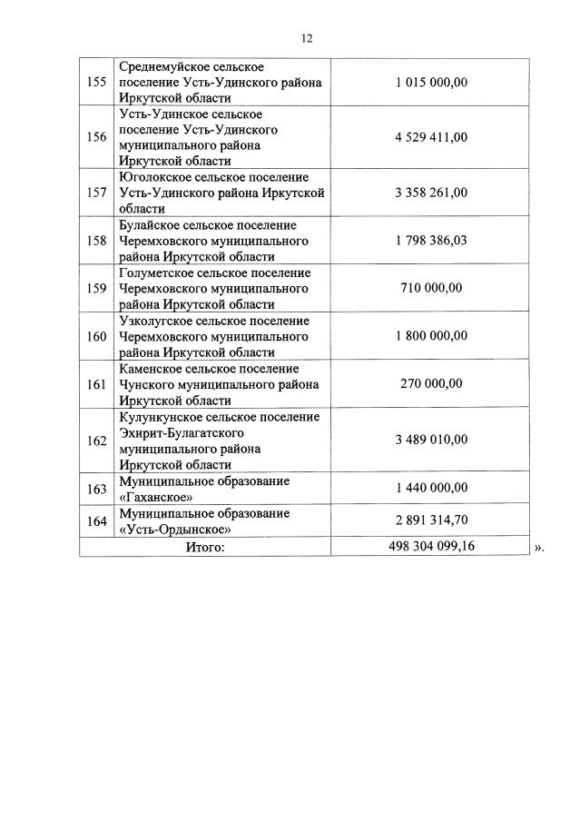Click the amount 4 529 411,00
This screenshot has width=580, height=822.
click(x=431, y=137)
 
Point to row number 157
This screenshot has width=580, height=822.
click(x=95, y=193)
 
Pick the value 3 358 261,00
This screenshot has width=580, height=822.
click(x=431, y=193)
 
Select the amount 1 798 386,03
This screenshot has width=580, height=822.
click(x=431, y=241)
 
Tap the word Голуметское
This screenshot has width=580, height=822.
click(x=154, y=273)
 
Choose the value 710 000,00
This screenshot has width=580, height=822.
click(x=431, y=289)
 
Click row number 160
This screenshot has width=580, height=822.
click(x=95, y=337)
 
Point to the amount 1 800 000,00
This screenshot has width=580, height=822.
click(x=431, y=336)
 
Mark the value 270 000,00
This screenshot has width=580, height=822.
click(x=431, y=384)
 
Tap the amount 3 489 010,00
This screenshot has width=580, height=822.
click(x=431, y=440)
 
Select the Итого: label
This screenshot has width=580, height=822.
click(x=204, y=547)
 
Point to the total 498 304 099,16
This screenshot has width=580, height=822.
click(x=431, y=547)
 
